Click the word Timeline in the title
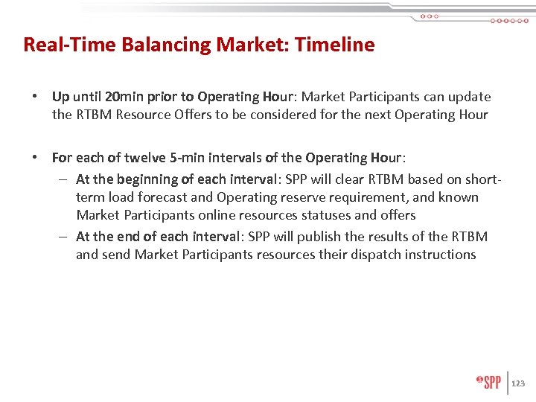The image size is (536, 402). coord(335,45)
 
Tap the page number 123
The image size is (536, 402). coord(519,383)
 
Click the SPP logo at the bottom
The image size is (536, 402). coord(489,383)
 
